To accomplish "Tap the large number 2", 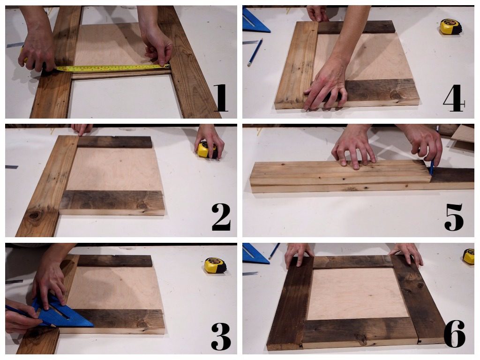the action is pos(221,217).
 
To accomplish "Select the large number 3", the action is pos(221,336).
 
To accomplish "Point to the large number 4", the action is pos(454,98).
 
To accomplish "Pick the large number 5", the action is pos(454,217).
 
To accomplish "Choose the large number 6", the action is pos(455,334).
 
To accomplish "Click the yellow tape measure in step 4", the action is pos(450,27).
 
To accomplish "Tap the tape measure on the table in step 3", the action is pos(216,265).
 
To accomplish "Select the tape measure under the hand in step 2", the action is pos(207,150).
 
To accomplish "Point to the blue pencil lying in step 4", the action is pos(255,52).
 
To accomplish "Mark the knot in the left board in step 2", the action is pos(35,215).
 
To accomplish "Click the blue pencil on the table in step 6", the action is pos(274,251).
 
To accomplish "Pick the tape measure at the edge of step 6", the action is pos(469,256).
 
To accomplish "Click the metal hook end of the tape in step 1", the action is pos(167,66).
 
